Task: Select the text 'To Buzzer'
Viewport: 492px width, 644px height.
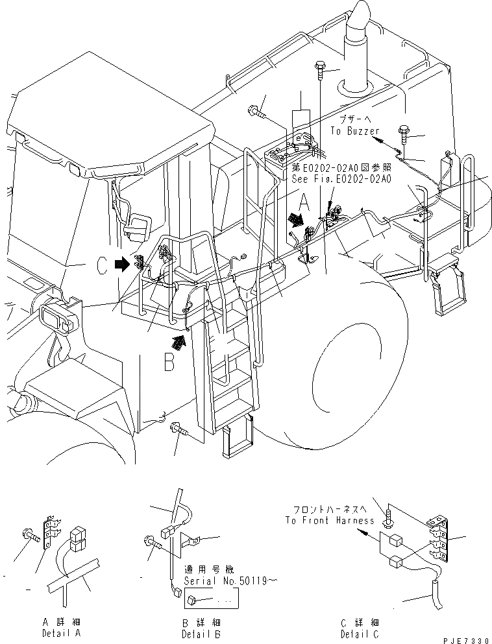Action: (354, 130)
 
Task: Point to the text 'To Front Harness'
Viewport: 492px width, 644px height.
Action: (329, 520)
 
